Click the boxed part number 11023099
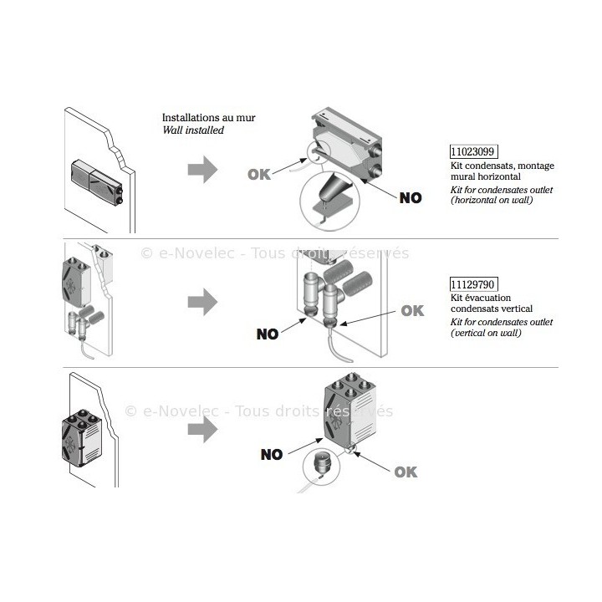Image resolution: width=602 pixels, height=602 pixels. pyautogui.click(x=473, y=152)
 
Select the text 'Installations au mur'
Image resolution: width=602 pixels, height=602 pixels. pyautogui.click(x=209, y=118)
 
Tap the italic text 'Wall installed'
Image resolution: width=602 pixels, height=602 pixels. pyautogui.click(x=193, y=130)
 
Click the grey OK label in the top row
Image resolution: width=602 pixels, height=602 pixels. pyautogui.click(x=261, y=174)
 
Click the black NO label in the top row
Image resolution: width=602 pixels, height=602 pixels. pyautogui.click(x=411, y=198)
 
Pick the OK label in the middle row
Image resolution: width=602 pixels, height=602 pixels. pyautogui.click(x=413, y=310)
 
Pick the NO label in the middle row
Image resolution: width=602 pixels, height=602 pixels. pyautogui.click(x=268, y=334)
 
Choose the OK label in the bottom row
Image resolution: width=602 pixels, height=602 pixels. pyautogui.click(x=406, y=472)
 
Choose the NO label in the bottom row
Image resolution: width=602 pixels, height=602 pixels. pyautogui.click(x=272, y=455)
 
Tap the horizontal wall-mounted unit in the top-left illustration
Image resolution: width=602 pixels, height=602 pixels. pyautogui.click(x=99, y=181)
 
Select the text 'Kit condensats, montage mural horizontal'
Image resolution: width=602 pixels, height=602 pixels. pyautogui.click(x=502, y=171)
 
